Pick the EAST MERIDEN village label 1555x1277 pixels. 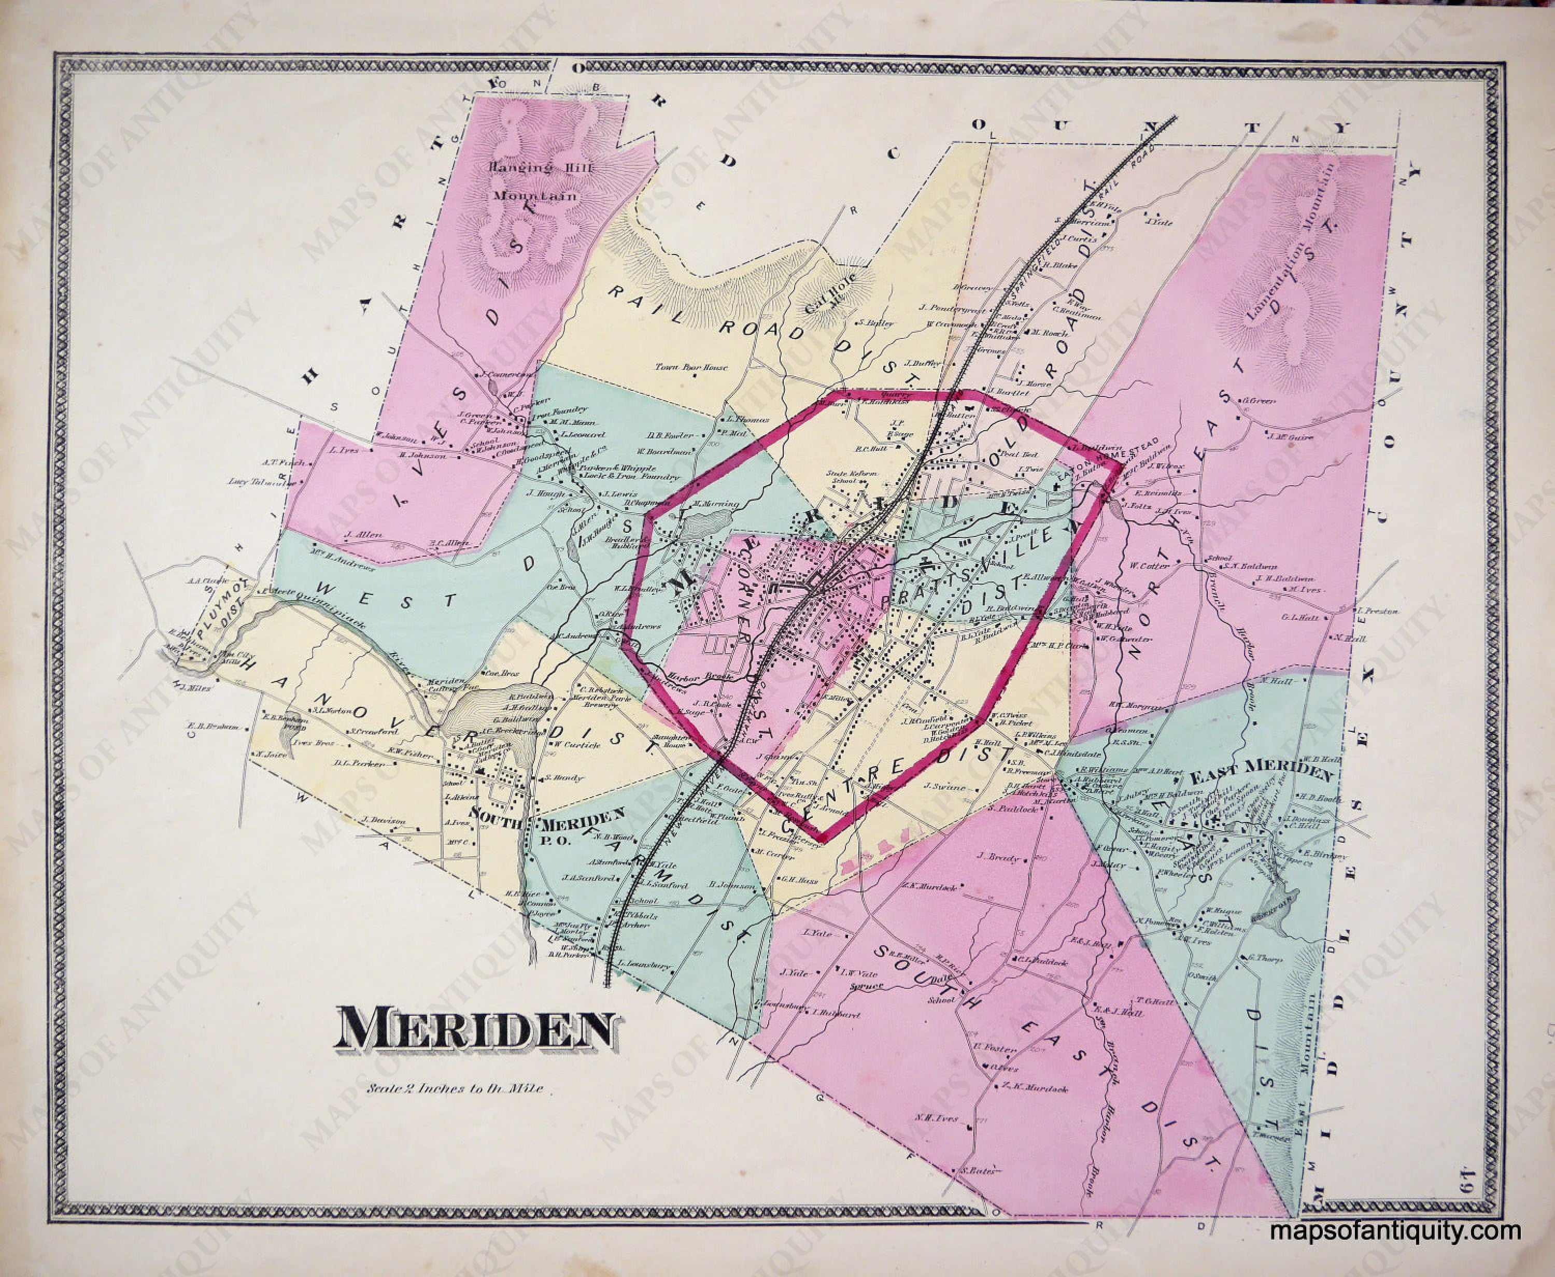click(1261, 775)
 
